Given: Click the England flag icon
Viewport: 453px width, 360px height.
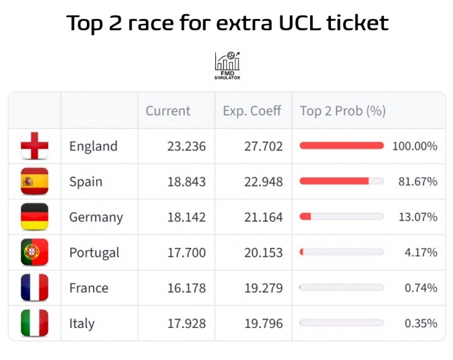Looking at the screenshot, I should click(x=35, y=146).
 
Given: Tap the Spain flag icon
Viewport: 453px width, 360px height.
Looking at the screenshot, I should click(x=35, y=181).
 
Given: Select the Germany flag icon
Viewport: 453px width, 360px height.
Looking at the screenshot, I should click(x=35, y=217).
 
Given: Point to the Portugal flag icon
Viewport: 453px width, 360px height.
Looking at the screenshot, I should click(x=35, y=252).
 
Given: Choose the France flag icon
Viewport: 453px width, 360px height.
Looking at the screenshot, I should click(x=35, y=288).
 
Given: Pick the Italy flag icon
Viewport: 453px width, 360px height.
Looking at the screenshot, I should click(x=35, y=323).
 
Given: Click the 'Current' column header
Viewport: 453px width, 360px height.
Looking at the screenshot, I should click(x=168, y=111).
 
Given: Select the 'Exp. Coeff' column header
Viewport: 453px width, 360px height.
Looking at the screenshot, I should click(x=252, y=111).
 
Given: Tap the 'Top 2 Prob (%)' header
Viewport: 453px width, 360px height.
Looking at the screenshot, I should click(x=342, y=111).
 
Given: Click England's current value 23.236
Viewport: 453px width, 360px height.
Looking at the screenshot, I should click(x=186, y=146).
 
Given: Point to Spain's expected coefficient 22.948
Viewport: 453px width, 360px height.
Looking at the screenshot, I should click(x=264, y=181).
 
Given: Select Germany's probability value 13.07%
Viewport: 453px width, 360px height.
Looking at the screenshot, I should click(x=418, y=217).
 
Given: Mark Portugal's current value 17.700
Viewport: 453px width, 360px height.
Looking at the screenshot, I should click(x=186, y=252).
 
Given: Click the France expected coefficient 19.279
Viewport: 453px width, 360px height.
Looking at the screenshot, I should click(x=264, y=288).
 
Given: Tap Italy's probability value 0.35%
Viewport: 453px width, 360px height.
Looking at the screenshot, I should click(x=421, y=323).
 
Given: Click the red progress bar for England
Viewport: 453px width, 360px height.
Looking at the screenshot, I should click(x=342, y=146).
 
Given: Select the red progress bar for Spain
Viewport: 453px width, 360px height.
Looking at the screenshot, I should click(x=334, y=181).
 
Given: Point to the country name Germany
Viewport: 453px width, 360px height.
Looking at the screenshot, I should click(x=96, y=217).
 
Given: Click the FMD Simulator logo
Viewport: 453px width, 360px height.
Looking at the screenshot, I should click(x=227, y=65).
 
